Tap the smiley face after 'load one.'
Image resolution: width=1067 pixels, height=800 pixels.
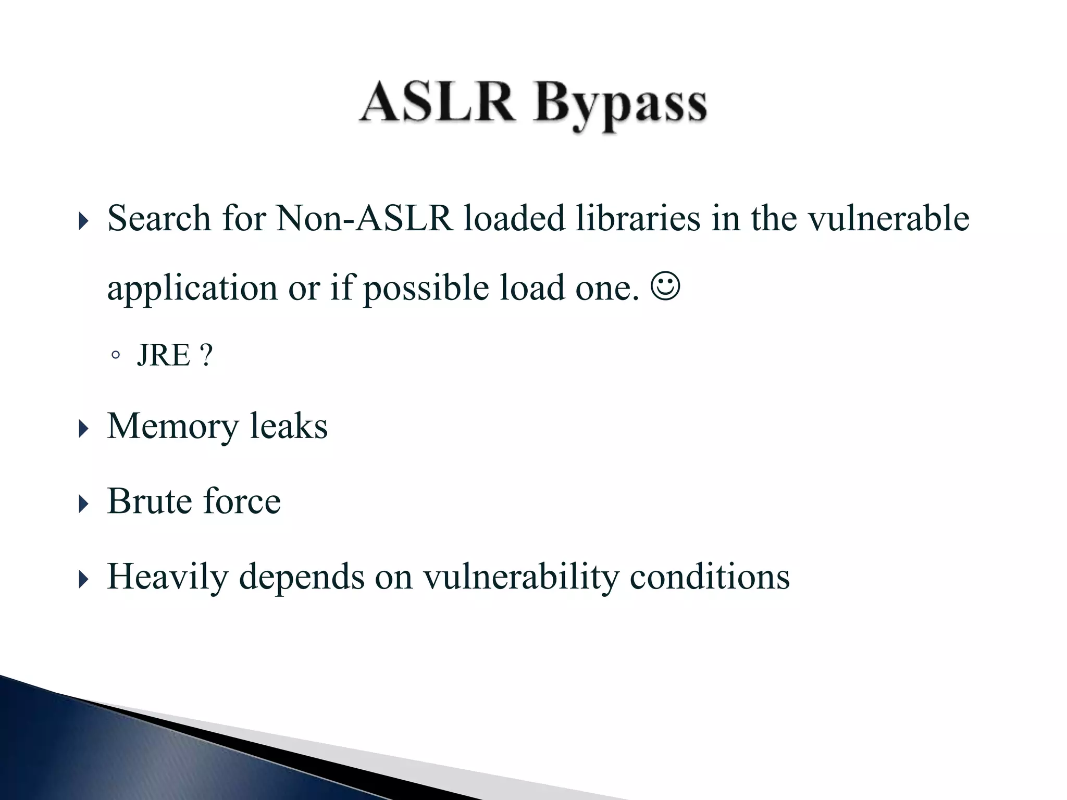point(665,287)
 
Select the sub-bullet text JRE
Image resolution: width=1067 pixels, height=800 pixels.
point(164,356)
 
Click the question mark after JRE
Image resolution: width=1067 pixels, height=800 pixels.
point(206,356)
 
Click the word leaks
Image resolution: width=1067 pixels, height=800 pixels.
point(289,426)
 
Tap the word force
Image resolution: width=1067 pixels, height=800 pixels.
point(242,502)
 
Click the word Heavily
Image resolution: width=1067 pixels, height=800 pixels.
point(167,577)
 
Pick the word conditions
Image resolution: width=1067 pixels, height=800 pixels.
point(710,577)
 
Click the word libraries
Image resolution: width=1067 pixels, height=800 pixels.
point(638,218)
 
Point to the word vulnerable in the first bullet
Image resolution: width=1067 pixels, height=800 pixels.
point(888,218)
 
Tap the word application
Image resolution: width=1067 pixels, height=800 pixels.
point(192,288)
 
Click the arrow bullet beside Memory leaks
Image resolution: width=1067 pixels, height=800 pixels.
point(83,430)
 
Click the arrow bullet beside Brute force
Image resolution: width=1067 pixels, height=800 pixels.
point(83,504)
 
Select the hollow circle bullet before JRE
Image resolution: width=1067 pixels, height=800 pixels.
point(115,356)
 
